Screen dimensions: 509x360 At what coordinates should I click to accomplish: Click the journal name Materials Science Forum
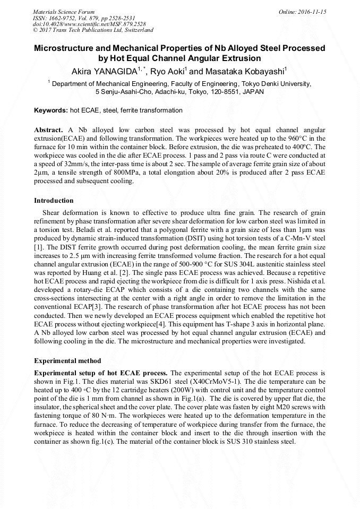(64, 12)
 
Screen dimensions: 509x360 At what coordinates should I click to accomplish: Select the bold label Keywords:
(51, 110)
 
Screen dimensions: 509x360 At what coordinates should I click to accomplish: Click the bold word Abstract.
(48, 130)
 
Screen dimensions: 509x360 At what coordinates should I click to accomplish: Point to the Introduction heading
(54, 201)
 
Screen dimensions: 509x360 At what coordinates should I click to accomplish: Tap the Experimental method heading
(67, 360)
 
